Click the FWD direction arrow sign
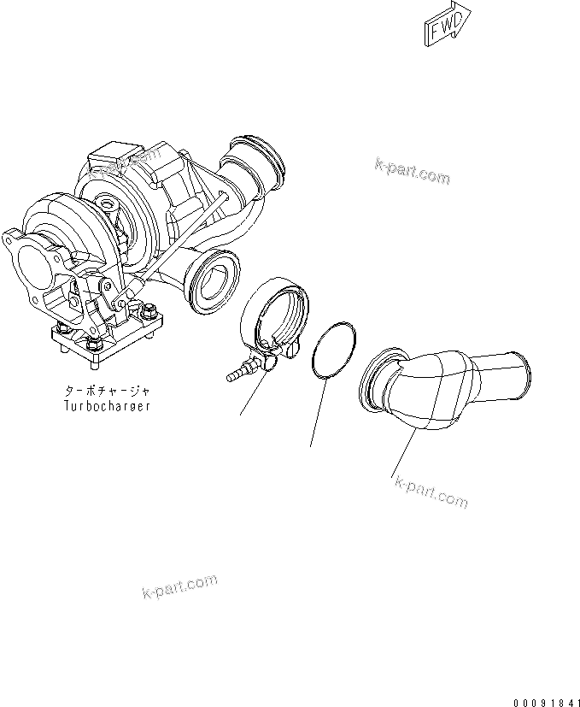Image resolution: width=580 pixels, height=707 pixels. (x=446, y=24)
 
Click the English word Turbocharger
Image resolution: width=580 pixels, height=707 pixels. (x=108, y=406)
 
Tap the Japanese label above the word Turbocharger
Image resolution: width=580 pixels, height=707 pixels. (x=108, y=392)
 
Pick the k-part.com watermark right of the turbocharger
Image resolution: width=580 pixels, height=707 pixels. (x=411, y=171)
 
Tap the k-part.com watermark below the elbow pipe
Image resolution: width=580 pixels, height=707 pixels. (x=431, y=492)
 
